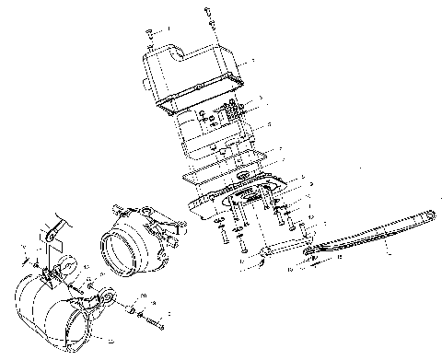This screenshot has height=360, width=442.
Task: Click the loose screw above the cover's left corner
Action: tap(149, 33)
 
